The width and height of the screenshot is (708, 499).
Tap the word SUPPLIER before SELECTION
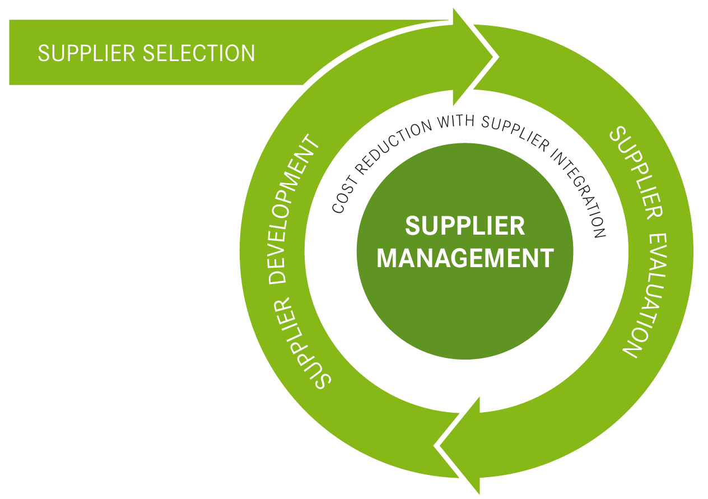(87, 53)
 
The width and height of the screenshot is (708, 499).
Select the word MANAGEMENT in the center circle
(465, 258)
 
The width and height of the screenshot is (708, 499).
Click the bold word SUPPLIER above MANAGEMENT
(465, 226)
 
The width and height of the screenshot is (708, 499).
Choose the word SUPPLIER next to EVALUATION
(633, 171)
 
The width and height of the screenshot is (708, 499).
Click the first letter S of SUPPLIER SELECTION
(43, 53)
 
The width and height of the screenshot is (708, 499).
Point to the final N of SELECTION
(248, 53)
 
